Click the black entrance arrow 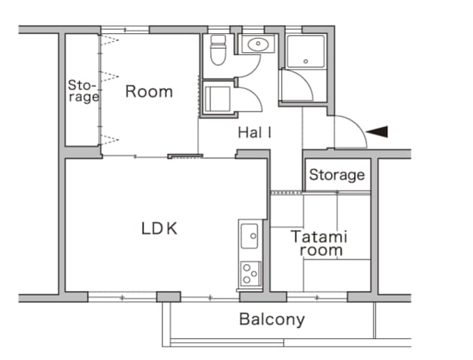(378, 131)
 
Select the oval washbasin (257, 44)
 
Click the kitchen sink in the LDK (249, 238)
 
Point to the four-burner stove (250, 273)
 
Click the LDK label (159, 228)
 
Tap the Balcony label (272, 320)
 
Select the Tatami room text (319, 243)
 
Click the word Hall (254, 131)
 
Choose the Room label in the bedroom (149, 92)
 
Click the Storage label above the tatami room (337, 174)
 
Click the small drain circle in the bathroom (306, 63)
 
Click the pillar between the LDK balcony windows (168, 297)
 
